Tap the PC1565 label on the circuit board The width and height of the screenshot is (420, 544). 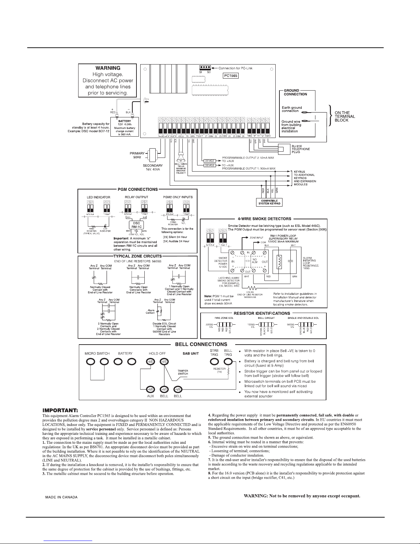(x=230, y=76)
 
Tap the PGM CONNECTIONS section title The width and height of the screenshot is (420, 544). (x=137, y=189)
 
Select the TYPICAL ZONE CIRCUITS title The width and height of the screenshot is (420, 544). (x=137, y=256)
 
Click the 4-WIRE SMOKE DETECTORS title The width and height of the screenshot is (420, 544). (x=264, y=219)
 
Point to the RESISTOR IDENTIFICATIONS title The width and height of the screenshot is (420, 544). (x=262, y=313)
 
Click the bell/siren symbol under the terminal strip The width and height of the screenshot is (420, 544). (x=181, y=159)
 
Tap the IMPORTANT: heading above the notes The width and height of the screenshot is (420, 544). (x=60, y=410)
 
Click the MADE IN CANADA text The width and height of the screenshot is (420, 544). (x=62, y=497)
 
